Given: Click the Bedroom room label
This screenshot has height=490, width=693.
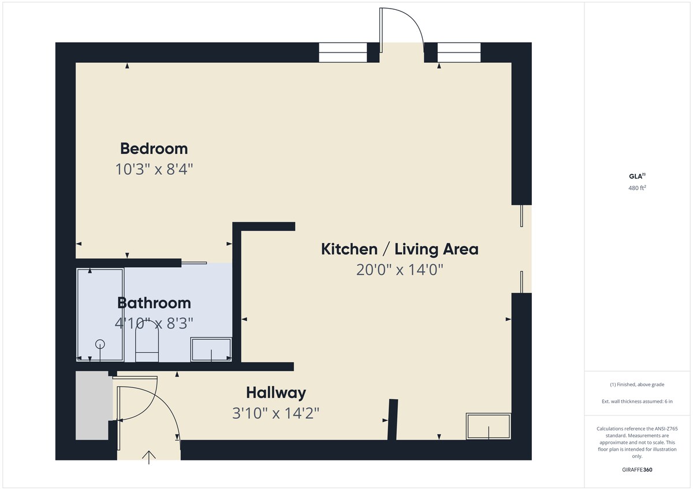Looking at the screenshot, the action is click(154, 149).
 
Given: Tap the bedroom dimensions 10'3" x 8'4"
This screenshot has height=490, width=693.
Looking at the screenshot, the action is click(154, 170).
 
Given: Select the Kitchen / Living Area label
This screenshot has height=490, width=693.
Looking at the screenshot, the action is click(400, 249).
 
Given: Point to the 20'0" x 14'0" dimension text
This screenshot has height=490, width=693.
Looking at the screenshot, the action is click(400, 270).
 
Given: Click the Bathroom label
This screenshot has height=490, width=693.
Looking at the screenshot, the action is click(154, 303).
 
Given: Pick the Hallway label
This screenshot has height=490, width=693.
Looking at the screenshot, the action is click(276, 393).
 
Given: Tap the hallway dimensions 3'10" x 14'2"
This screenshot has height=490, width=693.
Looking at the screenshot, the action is click(275, 413).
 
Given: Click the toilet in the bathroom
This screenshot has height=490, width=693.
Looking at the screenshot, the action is click(147, 343).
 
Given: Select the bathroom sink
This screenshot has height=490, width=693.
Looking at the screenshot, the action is click(211, 349).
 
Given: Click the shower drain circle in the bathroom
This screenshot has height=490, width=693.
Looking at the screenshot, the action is click(100, 344).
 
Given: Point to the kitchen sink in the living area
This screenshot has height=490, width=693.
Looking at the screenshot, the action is click(489, 427).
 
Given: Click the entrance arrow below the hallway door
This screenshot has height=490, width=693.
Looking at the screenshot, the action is click(149, 458).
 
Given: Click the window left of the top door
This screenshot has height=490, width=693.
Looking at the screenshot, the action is click(343, 53).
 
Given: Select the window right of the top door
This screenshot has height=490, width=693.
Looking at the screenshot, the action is click(459, 53).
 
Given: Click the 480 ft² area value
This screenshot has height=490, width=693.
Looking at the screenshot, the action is click(637, 188).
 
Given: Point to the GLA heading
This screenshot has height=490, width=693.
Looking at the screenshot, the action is click(637, 176).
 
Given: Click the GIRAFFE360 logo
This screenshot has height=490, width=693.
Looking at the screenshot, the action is click(637, 470).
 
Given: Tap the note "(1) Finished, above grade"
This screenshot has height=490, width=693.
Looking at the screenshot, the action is click(637, 384).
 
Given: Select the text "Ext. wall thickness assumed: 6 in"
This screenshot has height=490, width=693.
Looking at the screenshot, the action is click(637, 401).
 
